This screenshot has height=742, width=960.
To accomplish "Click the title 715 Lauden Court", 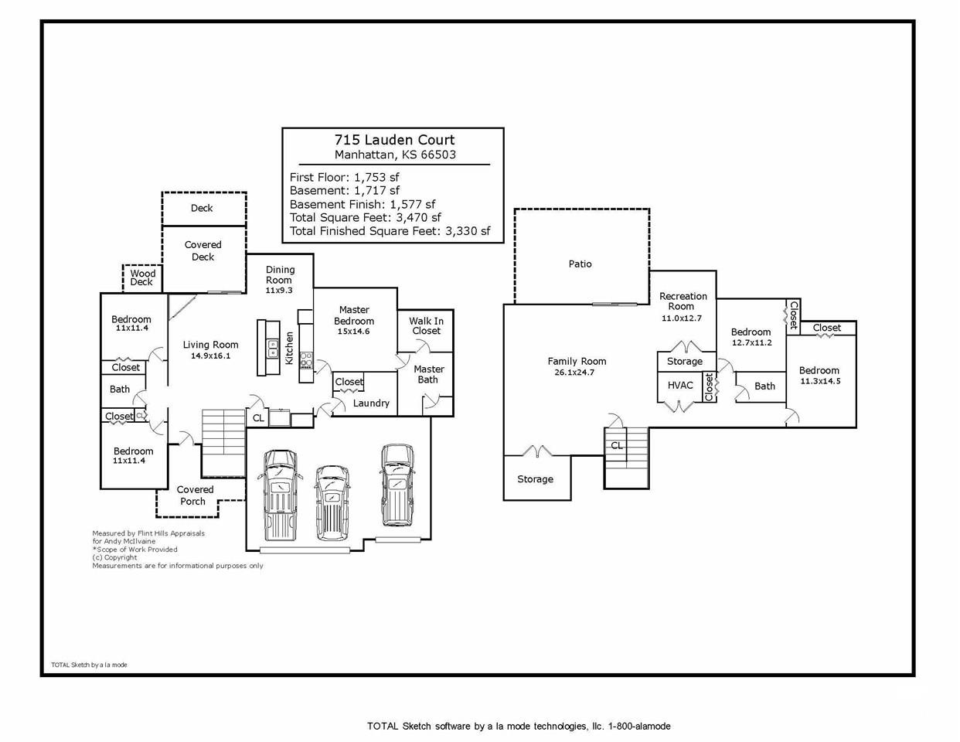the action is (x=394, y=140).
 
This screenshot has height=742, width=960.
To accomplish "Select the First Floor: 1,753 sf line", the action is (x=344, y=178).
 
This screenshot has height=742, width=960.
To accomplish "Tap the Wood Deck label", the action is (x=142, y=277).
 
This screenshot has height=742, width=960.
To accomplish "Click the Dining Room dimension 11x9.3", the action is (x=279, y=291).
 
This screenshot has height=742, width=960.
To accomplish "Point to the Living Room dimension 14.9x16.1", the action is (x=210, y=356).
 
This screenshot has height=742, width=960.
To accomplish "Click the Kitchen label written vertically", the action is (x=289, y=349).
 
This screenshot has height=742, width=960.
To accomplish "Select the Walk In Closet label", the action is (x=427, y=326).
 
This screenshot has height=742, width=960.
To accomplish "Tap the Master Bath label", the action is (x=428, y=374).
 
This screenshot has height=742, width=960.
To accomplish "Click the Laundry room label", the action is (x=371, y=403).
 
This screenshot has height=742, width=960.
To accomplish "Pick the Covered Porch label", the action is (x=194, y=495).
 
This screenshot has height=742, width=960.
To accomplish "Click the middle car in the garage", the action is (x=332, y=502).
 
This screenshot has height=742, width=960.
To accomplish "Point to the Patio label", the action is (x=580, y=264).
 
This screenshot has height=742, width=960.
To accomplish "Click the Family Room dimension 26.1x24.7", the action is (x=574, y=373).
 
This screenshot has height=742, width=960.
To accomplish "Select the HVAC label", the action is (x=680, y=386).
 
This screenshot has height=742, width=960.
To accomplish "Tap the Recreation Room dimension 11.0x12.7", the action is (x=681, y=318).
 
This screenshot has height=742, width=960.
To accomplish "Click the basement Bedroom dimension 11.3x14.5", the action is (x=820, y=381).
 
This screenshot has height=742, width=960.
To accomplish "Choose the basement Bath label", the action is (x=764, y=386).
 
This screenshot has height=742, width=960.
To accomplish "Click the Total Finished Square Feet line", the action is (x=390, y=231).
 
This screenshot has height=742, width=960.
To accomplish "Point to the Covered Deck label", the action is (x=203, y=251).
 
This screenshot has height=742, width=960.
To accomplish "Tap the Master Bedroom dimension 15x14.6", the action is (x=353, y=332).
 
